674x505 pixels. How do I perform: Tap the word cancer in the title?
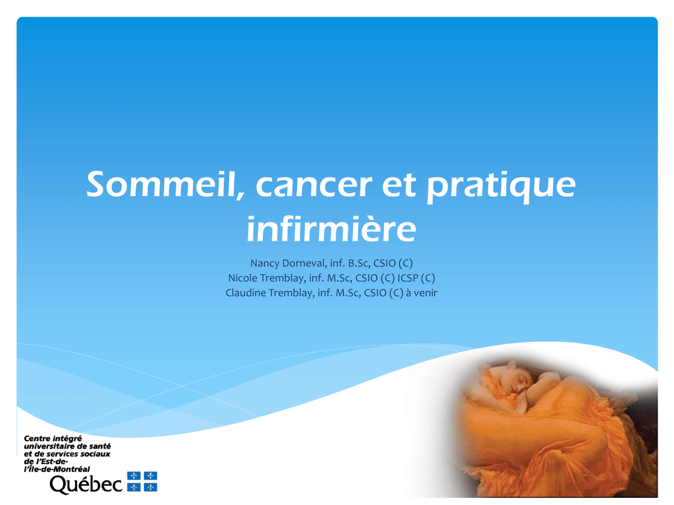pyautogui.click(x=314, y=185)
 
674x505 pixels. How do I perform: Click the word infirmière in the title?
pyautogui.click(x=332, y=228)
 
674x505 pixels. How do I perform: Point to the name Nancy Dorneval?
pyautogui.click(x=288, y=263)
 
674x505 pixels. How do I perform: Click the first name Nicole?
pyautogui.click(x=242, y=278)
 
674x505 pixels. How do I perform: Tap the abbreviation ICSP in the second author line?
pyautogui.click(x=408, y=278)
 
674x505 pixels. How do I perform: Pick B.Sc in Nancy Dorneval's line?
pyautogui.click(x=359, y=263)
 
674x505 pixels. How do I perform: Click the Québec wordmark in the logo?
pyautogui.click(x=86, y=485)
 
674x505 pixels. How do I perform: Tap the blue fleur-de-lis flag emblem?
pyautogui.click(x=142, y=481)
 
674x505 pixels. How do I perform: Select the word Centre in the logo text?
pyautogui.click(x=37, y=439)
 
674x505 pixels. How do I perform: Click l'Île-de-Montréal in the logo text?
pyautogui.click(x=57, y=469)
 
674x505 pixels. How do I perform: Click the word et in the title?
pyautogui.click(x=398, y=185)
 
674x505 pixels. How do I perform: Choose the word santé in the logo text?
pyautogui.click(x=100, y=446)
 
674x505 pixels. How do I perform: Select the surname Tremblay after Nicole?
pyautogui.click(x=282, y=278)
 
